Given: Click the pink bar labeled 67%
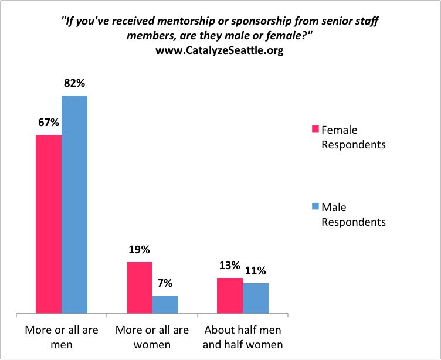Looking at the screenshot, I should (49, 225).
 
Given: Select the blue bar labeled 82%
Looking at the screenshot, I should (74, 205).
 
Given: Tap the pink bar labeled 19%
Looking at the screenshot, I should (140, 288).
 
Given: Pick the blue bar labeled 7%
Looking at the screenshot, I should (165, 304).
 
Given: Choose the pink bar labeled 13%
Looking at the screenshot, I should (230, 296).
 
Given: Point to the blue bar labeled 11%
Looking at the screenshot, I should (256, 298).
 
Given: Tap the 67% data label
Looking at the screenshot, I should (49, 123).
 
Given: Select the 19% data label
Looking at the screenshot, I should (140, 250).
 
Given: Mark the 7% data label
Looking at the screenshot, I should (165, 283).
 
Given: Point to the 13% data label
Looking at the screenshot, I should (230, 266).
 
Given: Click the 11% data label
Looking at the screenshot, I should (255, 271).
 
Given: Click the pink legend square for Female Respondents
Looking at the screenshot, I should (314, 129).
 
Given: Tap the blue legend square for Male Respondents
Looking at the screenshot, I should (314, 206).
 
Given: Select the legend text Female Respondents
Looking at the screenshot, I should (352, 137).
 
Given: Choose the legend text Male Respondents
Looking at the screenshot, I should (352, 214).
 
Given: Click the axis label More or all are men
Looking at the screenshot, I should (62, 337).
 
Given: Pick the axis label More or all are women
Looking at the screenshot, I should (152, 337).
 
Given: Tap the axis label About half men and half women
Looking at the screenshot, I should (243, 337).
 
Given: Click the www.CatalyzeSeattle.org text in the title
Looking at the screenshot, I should (219, 50).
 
